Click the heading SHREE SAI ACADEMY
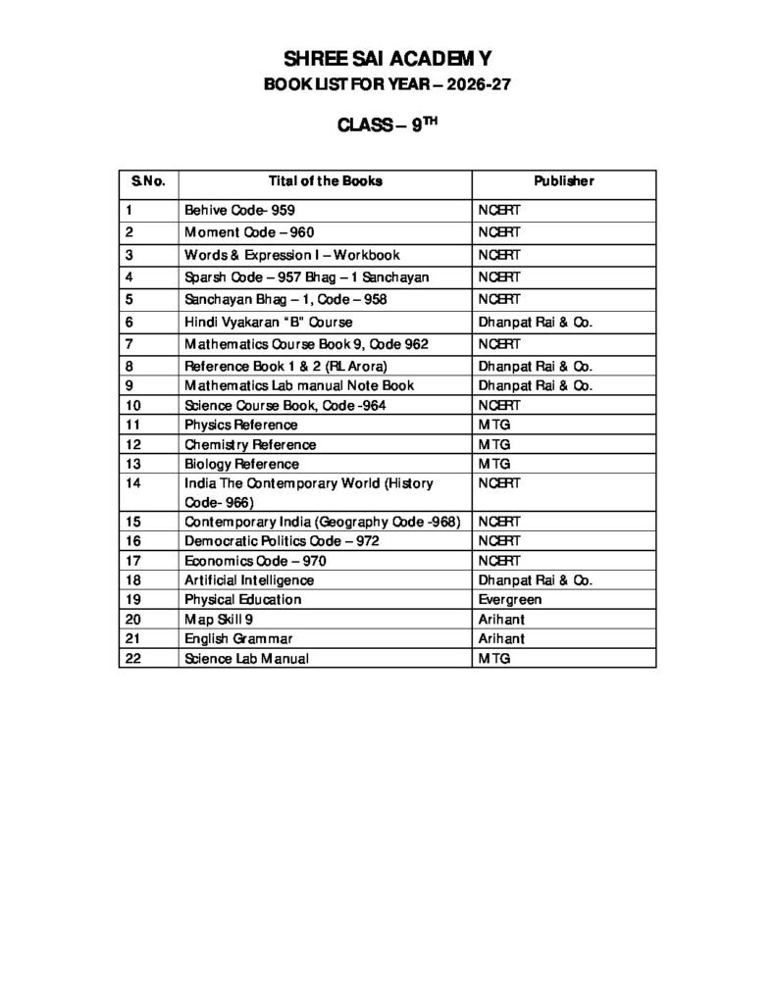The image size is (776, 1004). (388, 60)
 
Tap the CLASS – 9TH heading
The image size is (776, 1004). (388, 125)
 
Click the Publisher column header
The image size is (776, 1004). (563, 181)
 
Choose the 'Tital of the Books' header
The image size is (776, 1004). (325, 181)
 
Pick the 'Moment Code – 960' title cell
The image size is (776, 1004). (249, 232)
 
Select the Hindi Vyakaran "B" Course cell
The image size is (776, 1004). (269, 322)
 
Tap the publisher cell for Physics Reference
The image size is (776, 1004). (494, 425)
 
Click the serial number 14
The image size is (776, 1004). (134, 483)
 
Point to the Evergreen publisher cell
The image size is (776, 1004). (510, 599)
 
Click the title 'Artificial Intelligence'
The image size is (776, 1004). (249, 579)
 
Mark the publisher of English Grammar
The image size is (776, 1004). (501, 638)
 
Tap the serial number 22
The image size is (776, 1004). (134, 658)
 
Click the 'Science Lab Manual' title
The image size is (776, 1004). (246, 658)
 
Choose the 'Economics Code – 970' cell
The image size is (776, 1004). (255, 560)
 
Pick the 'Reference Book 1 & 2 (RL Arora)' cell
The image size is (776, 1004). (279, 366)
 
